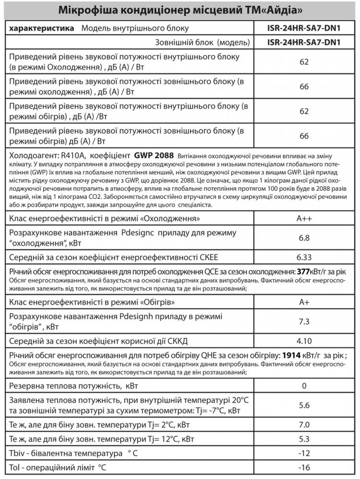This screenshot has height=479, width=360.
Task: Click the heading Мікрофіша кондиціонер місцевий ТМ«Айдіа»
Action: click(179, 11)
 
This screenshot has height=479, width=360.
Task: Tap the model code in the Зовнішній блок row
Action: click(303, 43)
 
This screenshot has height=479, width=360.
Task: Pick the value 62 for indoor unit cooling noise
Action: click(303, 62)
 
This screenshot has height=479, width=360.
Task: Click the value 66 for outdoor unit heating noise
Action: click(303, 136)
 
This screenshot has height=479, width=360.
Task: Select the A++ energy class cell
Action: click(303, 219)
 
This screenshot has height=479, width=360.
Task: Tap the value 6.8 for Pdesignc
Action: click(303, 238)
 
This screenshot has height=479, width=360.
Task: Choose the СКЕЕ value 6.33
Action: click(303, 256)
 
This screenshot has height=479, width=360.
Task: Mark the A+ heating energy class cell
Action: click(303, 303)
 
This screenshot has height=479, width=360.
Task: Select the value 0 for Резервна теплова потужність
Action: click(303, 386)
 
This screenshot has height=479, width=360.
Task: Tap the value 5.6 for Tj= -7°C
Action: click(303, 405)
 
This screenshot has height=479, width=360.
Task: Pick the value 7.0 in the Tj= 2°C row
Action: click(303, 425)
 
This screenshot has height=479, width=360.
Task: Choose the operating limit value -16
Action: click(303, 467)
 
